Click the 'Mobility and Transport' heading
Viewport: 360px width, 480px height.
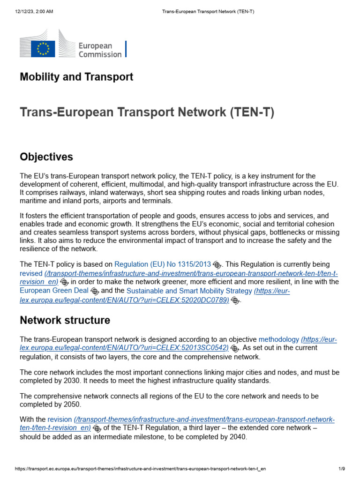[x=76, y=77]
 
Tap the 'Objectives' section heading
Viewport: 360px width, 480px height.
[x=46, y=157]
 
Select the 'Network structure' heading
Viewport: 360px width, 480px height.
[x=65, y=321]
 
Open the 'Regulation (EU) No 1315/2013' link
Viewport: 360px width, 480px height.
[x=163, y=264]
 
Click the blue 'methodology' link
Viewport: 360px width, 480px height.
[x=278, y=339]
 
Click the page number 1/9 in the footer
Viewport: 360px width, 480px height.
[x=342, y=469]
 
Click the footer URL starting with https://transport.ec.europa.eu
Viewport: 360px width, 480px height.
[x=143, y=469]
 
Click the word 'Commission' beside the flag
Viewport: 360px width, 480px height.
[x=100, y=54]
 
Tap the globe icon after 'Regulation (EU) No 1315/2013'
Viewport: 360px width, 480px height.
[x=217, y=265]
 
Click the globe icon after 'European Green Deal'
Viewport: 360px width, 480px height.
[x=95, y=292]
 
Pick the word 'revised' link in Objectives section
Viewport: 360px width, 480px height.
[x=31, y=273]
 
